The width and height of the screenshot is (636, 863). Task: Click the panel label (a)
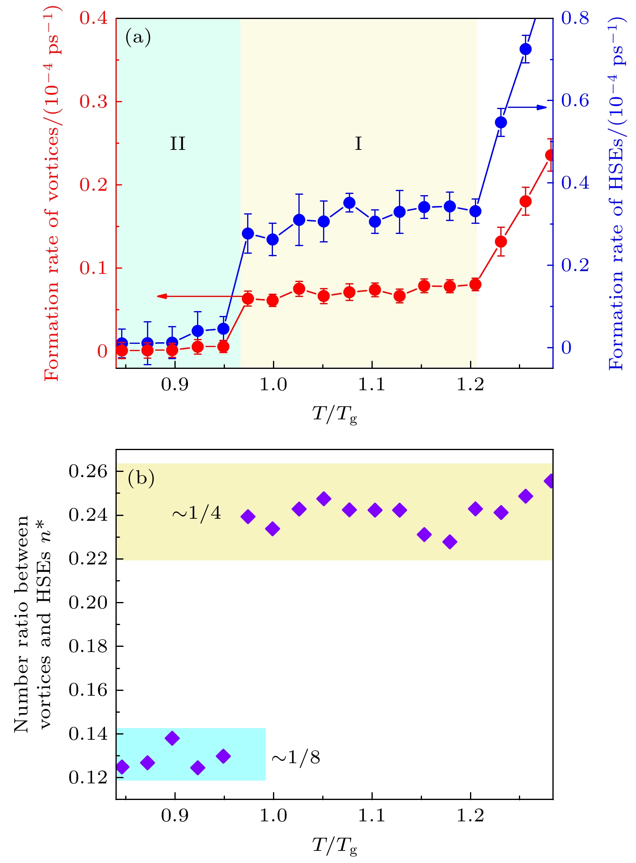[x=138, y=38]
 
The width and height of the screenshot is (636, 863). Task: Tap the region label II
[x=178, y=144]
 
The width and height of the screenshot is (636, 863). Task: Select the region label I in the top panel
[x=358, y=144]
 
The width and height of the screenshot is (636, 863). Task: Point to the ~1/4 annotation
[x=197, y=513]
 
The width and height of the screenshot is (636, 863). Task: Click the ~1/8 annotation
[x=296, y=758]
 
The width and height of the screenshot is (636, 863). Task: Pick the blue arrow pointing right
[x=527, y=107]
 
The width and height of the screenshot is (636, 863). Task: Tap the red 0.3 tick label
[x=93, y=102]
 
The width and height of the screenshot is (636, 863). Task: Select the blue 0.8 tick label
[x=575, y=18]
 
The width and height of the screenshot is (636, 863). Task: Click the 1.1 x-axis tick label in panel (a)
[x=372, y=384]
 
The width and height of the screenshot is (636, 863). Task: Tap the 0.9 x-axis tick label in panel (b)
[x=175, y=816]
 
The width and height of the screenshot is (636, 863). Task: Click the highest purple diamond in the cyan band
[x=172, y=738]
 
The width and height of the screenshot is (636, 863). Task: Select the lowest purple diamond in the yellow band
[x=450, y=542]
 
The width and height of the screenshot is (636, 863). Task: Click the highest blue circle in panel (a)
[x=525, y=49]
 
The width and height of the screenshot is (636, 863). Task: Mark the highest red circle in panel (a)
[x=550, y=155]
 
